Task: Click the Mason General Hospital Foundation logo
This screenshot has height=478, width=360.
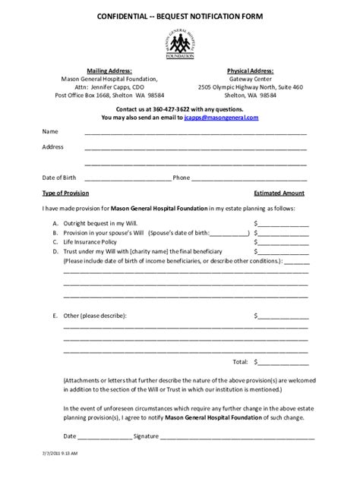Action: pos(179,42)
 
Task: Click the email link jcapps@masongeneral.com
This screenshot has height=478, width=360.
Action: pos(221,118)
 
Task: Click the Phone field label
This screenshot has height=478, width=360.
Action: pos(182,178)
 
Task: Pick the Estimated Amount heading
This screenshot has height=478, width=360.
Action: pos(279,193)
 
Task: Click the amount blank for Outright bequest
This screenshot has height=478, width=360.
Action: pos(283,224)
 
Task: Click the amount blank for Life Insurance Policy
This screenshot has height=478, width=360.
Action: pos(283,242)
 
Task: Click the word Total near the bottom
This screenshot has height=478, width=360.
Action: pos(240,361)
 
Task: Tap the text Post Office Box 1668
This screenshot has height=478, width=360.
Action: pos(86,96)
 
